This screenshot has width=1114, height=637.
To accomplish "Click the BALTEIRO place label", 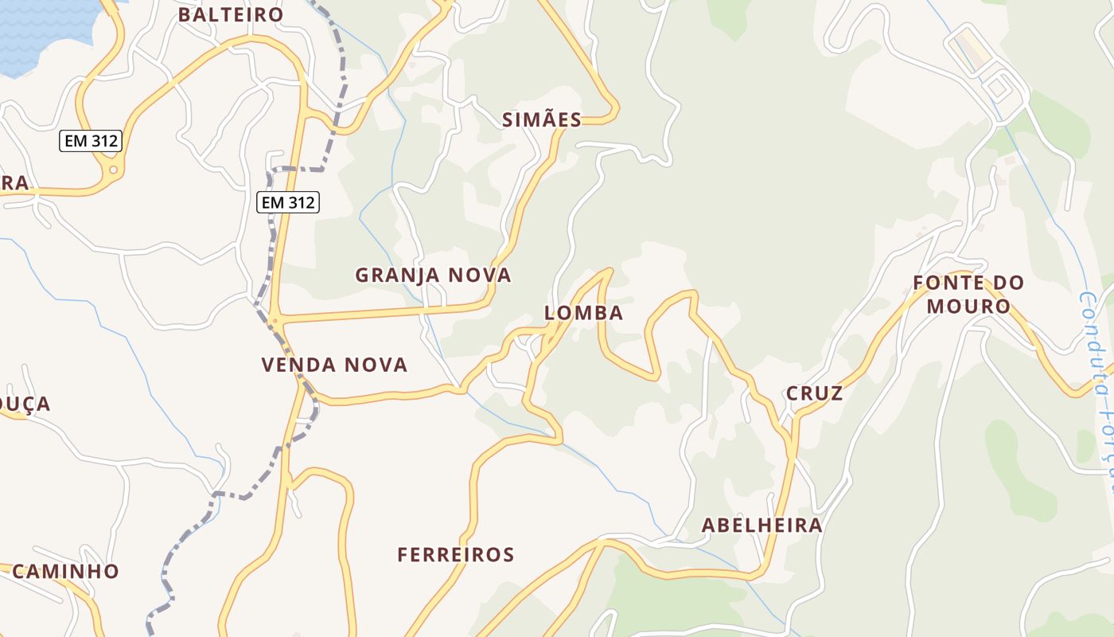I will tap(231, 15).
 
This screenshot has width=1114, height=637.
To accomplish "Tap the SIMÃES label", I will tap(542, 120).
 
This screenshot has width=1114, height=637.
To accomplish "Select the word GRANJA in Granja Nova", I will tap(397, 276).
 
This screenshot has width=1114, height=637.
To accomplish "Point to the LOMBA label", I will tap(583, 313).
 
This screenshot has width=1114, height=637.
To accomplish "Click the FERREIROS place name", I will tap(455, 555).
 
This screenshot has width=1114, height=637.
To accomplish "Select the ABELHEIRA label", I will tap(761, 526).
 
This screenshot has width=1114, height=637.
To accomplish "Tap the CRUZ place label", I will tap(814, 393).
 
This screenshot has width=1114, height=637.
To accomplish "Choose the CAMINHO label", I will tap(65, 571).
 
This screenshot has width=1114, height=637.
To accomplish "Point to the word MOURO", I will tap(968, 306).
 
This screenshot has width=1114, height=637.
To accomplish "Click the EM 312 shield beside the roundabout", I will tap(91, 142).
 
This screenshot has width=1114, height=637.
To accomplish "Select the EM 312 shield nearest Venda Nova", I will tap(288, 202).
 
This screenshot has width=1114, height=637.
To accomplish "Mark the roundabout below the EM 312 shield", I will tap(114, 170).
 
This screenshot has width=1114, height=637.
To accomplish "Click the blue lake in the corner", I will tap(40, 32).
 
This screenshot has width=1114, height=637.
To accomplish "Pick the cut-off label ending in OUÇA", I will tap(24, 404).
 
